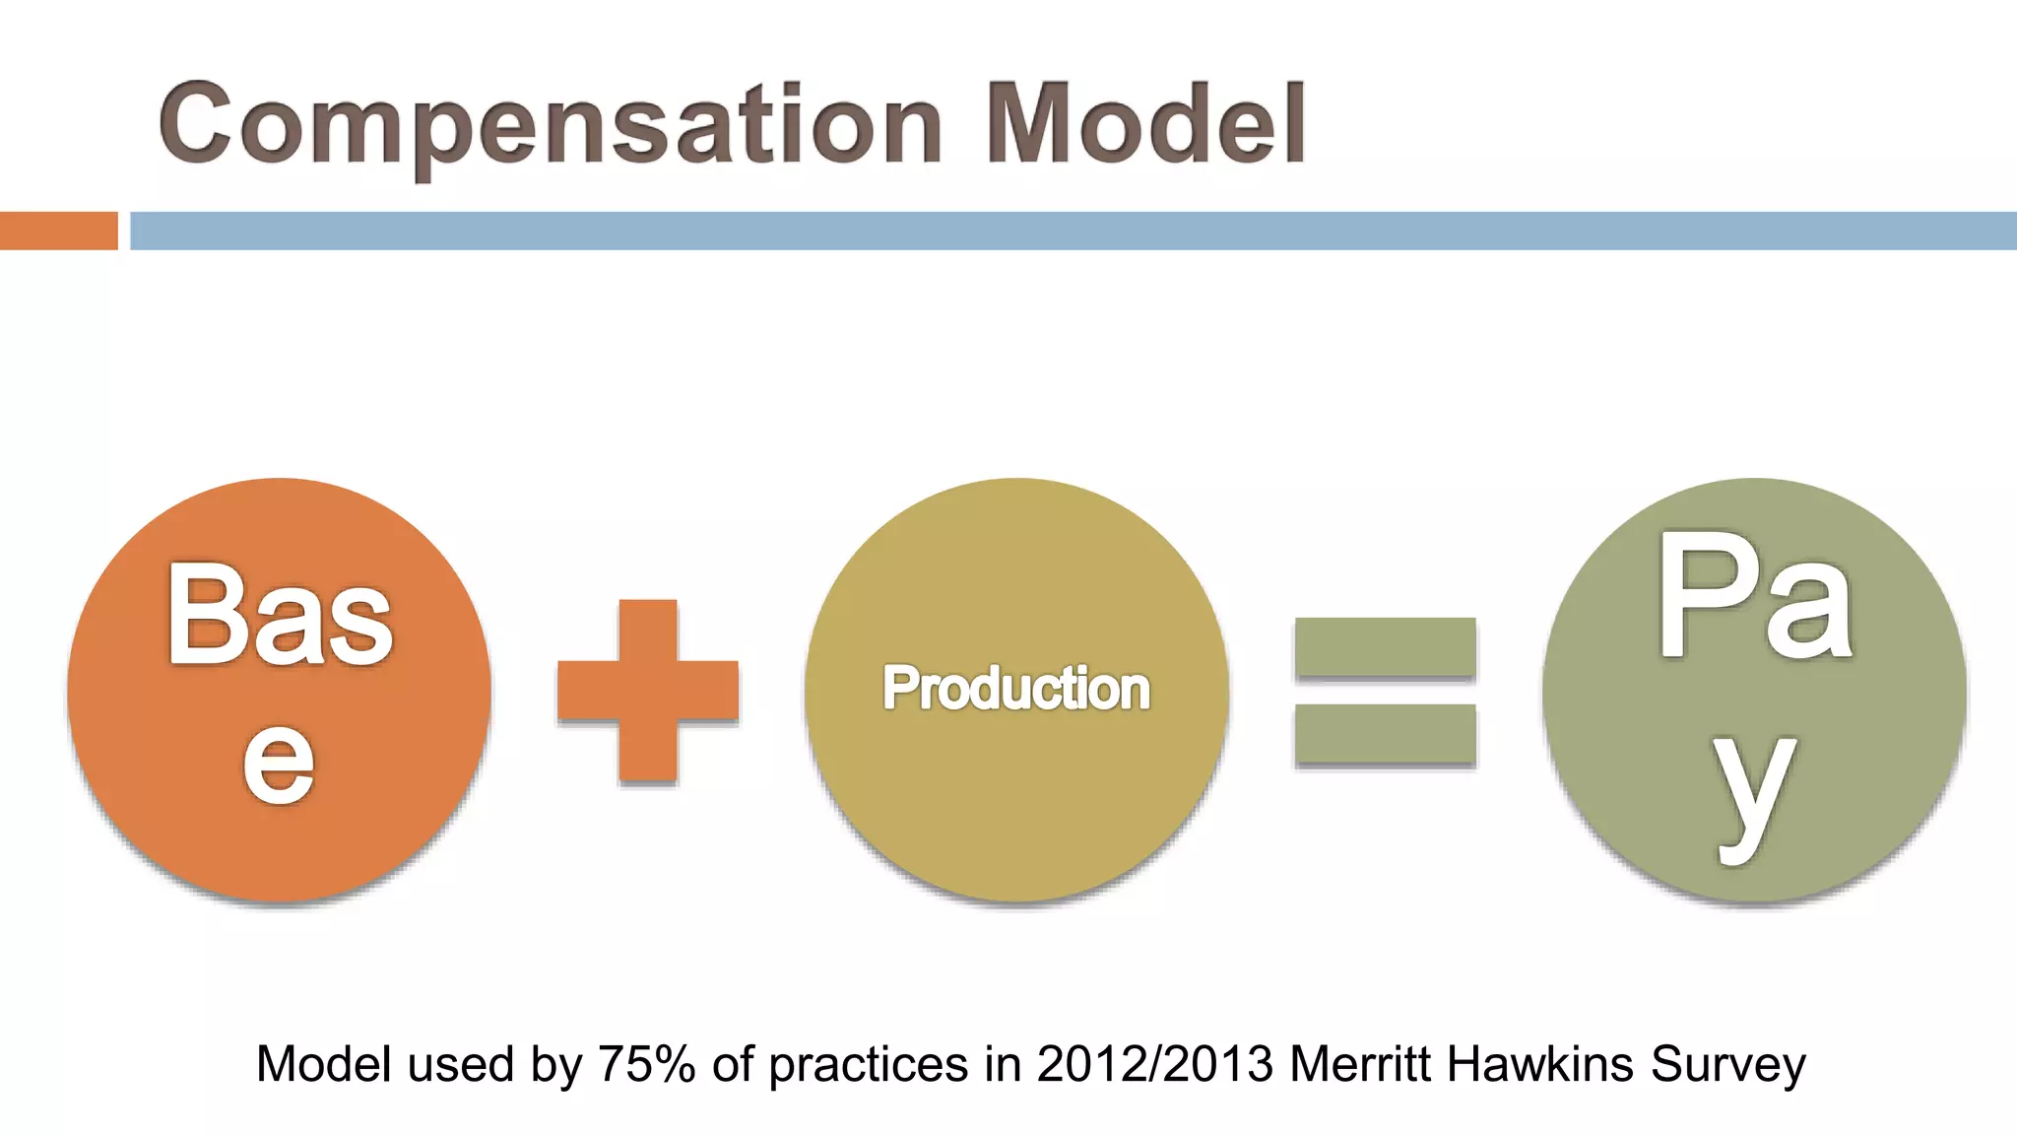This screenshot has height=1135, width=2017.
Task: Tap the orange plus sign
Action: [x=648, y=691]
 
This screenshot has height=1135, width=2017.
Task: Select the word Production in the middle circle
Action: [x=1015, y=688]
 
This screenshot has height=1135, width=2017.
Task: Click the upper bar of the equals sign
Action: [x=1385, y=647]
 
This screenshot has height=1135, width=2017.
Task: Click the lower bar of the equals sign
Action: [x=1385, y=735]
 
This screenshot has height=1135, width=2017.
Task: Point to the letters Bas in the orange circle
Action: [x=280, y=615]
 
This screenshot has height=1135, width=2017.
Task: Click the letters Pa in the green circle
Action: [x=1754, y=598]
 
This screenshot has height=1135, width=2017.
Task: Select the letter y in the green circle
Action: [x=1754, y=792]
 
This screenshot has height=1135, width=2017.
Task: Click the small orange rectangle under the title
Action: [x=58, y=231]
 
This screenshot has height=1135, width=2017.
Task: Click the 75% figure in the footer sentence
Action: [x=647, y=1065]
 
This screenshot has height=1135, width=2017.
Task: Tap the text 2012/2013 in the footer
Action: [x=1155, y=1065]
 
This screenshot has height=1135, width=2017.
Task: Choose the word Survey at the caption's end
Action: [x=1728, y=1065]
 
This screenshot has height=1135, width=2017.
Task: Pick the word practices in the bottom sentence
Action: [x=868, y=1065]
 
